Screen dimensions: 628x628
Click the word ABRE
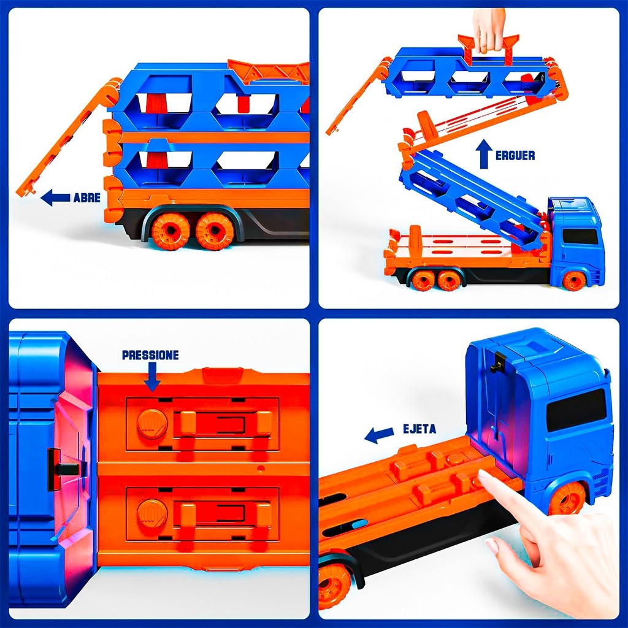[x=87, y=197]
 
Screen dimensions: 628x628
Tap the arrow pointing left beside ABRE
[x=56, y=197]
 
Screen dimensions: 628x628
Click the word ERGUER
[x=515, y=155]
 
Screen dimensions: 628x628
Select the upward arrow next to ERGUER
[x=484, y=153]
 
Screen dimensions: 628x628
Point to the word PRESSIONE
[x=150, y=355]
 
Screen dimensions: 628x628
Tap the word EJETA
[x=419, y=429]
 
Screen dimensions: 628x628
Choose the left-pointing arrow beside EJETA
[x=379, y=435]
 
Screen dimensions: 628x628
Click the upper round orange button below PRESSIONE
[x=152, y=424]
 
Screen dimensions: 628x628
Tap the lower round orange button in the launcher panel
[x=152, y=514]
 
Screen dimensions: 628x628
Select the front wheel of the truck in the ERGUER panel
[x=575, y=280]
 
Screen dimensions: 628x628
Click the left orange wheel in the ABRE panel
[x=171, y=231]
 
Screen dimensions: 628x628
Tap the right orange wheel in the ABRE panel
[x=215, y=231]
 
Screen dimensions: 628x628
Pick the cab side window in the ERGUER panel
[x=580, y=236]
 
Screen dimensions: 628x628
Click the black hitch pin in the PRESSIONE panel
[x=64, y=469]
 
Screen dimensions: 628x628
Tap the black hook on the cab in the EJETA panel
[x=498, y=362]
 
